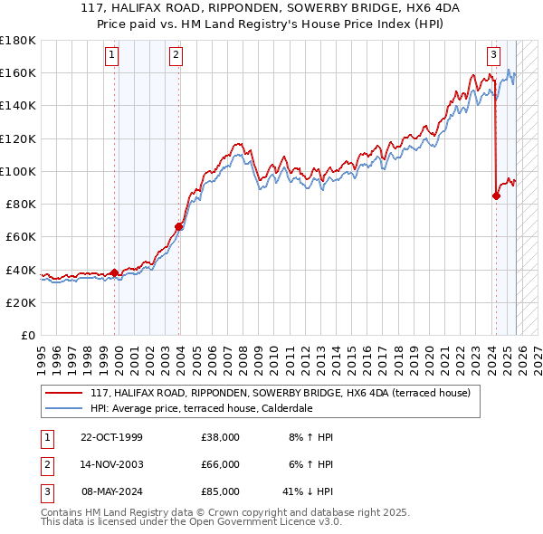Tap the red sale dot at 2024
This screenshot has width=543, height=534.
(x=496, y=195)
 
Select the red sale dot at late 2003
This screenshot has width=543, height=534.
(x=179, y=227)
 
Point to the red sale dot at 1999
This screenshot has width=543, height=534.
(x=114, y=272)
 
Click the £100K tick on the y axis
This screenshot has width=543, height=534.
(x=17, y=171)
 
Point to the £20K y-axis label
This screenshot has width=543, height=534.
(x=20, y=302)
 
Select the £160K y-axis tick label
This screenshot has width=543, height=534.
(x=17, y=72)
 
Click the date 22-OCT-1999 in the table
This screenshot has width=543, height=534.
(x=112, y=437)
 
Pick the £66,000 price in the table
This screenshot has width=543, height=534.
(x=220, y=464)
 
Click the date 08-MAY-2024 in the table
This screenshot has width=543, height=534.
(x=113, y=491)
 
